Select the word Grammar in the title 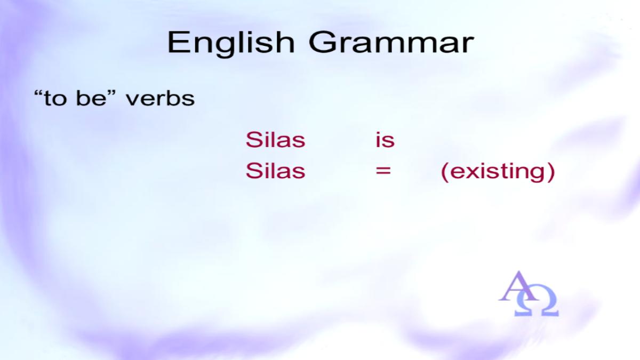click(391, 42)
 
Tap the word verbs click(161, 99)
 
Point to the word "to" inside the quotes click(55, 99)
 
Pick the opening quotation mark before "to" click(38, 93)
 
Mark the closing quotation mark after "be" click(111, 93)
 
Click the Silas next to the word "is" click(275, 140)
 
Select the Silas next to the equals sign click(275, 171)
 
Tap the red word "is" click(385, 140)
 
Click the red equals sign click(383, 171)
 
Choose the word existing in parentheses click(498, 171)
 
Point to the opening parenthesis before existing click(445, 172)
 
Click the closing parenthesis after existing click(551, 172)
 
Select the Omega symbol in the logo click(537, 303)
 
